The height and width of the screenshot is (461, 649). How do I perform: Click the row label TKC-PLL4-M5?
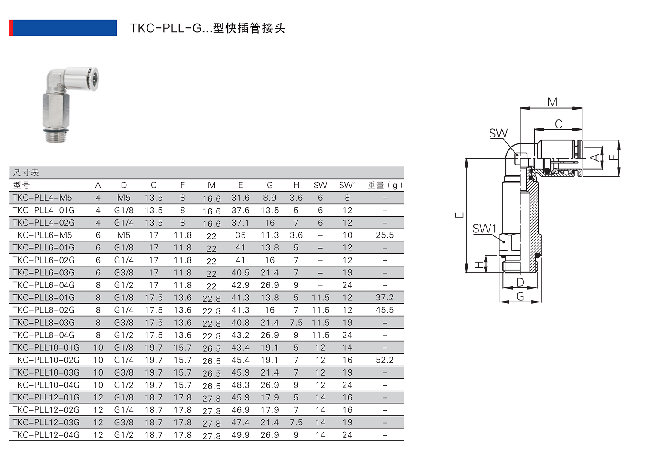[x=42, y=198]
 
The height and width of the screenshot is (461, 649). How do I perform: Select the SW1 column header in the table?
[x=347, y=185]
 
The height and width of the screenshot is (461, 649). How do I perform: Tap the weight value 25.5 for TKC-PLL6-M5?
[x=384, y=235]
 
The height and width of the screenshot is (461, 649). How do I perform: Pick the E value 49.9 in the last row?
[x=240, y=435]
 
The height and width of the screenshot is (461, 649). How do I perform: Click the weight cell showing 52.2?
[x=384, y=360]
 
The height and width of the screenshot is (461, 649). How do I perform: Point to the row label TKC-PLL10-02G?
[x=46, y=360]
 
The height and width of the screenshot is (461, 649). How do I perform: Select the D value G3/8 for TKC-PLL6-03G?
[x=124, y=272]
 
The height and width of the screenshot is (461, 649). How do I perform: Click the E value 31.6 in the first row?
[x=240, y=198]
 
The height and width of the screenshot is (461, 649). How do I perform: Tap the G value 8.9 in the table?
[x=269, y=198]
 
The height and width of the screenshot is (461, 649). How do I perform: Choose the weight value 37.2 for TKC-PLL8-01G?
[x=384, y=297]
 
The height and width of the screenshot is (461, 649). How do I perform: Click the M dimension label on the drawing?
[x=552, y=102]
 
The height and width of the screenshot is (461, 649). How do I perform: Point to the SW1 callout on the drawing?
[x=484, y=229]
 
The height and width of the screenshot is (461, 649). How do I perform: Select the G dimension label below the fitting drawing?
[x=520, y=296]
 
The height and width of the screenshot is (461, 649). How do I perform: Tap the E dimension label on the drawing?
[x=459, y=215]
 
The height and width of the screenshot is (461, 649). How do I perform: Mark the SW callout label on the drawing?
[x=498, y=134]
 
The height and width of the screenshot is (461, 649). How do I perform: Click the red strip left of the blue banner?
[x=11, y=28]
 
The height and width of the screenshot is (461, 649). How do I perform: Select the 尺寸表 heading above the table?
[x=26, y=173]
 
